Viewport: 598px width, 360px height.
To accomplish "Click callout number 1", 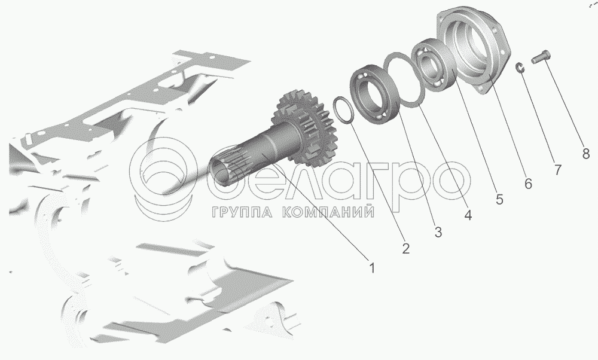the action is coord(372,268).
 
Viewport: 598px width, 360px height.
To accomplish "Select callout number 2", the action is coord(405,249).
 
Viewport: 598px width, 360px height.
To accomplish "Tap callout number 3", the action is coord(438,231).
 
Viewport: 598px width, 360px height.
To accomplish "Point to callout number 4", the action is coord(468,215).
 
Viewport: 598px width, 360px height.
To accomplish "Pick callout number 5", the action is coord(499,199).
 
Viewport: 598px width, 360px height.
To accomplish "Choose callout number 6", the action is coord(528,184).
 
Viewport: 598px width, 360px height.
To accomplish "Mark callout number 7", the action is coord(557,169).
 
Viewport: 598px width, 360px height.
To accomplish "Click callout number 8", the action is coord(586,154).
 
